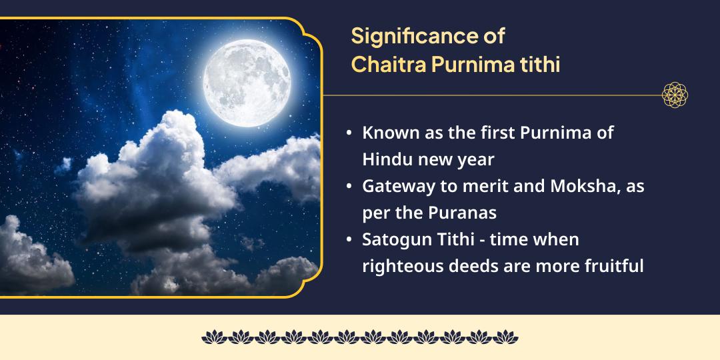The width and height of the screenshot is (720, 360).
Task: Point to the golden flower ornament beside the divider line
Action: click(675, 95)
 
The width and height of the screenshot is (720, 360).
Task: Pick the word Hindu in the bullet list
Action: click(383, 159)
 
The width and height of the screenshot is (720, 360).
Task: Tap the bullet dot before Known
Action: click(349, 133)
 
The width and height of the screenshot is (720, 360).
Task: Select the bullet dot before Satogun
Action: click(349, 239)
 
